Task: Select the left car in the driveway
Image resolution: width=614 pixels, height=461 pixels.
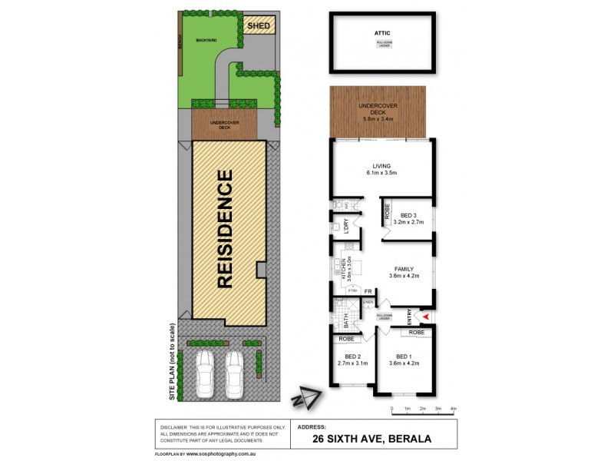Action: tap(204, 374)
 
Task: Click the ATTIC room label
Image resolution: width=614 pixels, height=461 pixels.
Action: tap(382, 33)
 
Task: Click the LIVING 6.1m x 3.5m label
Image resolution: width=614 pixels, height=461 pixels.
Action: tap(381, 169)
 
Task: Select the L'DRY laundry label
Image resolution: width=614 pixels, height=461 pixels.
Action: tap(346, 227)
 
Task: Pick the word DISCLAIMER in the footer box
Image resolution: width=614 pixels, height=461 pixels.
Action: tap(176, 426)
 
